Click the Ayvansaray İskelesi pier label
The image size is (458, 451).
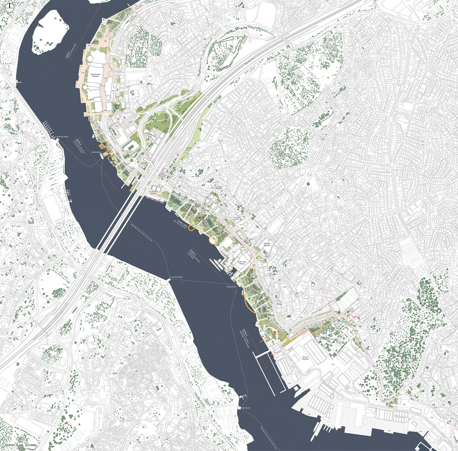coord(176,277)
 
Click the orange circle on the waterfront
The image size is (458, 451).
coord(214,239)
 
